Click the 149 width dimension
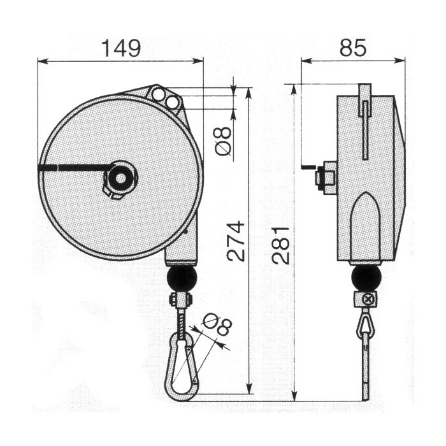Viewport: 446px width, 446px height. pyautogui.click(x=120, y=48)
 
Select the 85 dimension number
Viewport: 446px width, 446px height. pyautogui.click(x=352, y=48)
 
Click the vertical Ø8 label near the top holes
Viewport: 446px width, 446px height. pyautogui.click(x=222, y=141)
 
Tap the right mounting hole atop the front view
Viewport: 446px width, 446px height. pyautogui.click(x=172, y=101)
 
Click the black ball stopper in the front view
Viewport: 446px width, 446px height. pyautogui.click(x=181, y=278)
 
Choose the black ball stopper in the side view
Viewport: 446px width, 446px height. pyautogui.click(x=366, y=278)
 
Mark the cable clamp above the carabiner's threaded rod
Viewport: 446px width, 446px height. pyautogui.click(x=181, y=299)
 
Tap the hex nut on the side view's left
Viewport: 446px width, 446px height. pyautogui.click(x=327, y=178)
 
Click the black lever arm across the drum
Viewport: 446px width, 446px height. pyautogui.click(x=73, y=168)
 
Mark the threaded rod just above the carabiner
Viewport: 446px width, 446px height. pyautogui.click(x=181, y=325)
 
